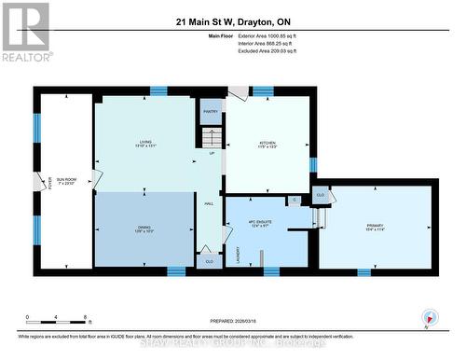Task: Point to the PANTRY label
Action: [x=211, y=111]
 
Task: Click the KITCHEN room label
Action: [x=267, y=144]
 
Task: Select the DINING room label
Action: [x=144, y=228]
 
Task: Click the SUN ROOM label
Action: [x=65, y=182]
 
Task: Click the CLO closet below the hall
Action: [x=210, y=262]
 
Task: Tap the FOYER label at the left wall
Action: [x=40, y=182]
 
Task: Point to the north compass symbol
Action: [x=430, y=318]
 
